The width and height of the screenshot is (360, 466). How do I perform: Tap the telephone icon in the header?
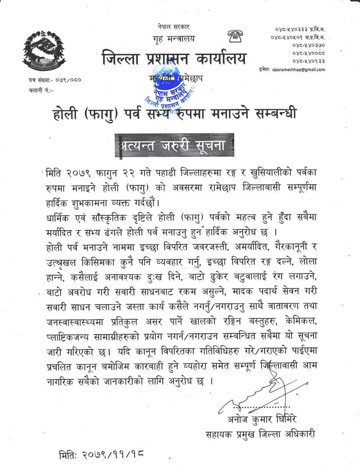click(233, 36)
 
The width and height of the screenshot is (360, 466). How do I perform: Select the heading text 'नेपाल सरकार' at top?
click(173, 27)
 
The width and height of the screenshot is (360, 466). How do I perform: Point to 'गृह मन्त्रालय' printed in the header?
click(173, 39)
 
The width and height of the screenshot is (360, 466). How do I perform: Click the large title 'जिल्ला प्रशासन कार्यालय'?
click(174, 59)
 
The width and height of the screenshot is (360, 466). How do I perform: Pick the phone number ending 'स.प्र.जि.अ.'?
click(297, 37)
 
